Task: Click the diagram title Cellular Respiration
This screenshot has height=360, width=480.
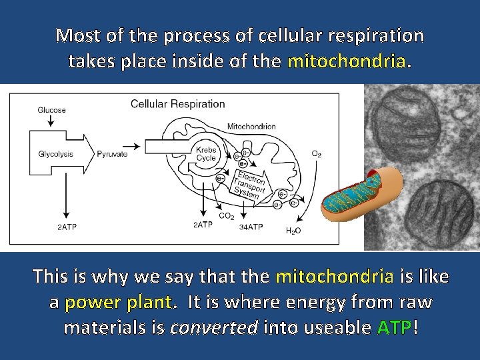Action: pyautogui.click(x=177, y=104)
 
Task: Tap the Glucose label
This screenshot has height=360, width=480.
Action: pyautogui.click(x=51, y=110)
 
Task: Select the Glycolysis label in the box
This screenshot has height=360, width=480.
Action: pyautogui.click(x=56, y=154)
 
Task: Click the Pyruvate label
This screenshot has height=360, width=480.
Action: pyautogui.click(x=112, y=154)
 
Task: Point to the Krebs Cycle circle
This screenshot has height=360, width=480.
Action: pyautogui.click(x=207, y=154)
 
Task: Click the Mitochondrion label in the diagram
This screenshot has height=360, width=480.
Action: pyautogui.click(x=251, y=127)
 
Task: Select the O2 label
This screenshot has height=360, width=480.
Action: pyautogui.click(x=317, y=154)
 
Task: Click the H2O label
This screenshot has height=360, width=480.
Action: pyautogui.click(x=293, y=231)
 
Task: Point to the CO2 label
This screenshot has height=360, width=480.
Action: pyautogui.click(x=227, y=216)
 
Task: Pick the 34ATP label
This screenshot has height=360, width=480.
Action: pyautogui.click(x=251, y=227)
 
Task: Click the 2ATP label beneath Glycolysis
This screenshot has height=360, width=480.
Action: pyautogui.click(x=66, y=227)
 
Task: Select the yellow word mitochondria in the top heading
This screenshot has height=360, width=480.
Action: pyautogui.click(x=346, y=62)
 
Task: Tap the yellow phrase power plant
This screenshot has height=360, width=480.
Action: pyautogui.click(x=120, y=302)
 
